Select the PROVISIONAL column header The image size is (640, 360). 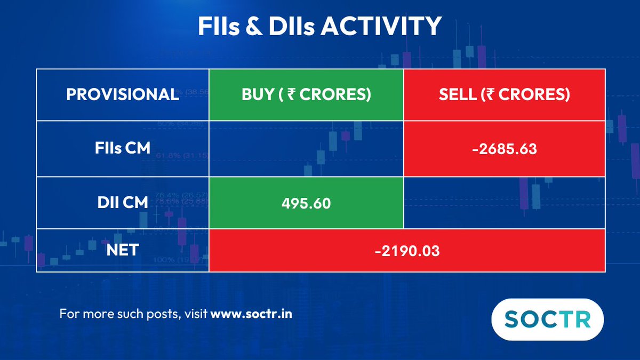(x=123, y=94)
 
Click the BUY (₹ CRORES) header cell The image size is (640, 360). (x=306, y=94)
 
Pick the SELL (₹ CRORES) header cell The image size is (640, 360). (x=505, y=94)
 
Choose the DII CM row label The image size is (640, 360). (x=123, y=203)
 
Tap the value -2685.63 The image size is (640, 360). (x=505, y=149)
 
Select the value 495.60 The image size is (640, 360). (x=306, y=203)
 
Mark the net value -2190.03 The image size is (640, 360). (x=407, y=251)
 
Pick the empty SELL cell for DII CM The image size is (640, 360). (x=505, y=203)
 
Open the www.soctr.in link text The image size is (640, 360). (x=251, y=314)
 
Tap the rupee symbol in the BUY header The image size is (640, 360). (x=292, y=94)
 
